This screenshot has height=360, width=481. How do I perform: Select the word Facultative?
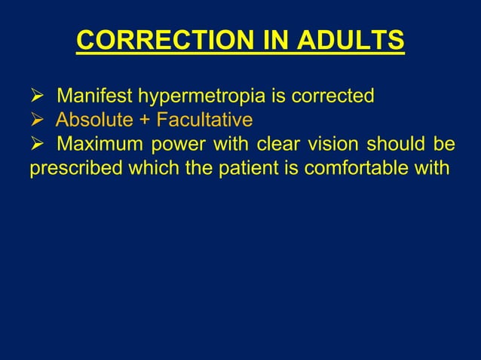coord(203,120)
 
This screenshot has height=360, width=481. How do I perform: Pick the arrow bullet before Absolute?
coord(35,121)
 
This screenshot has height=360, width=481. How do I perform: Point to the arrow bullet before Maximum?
coord(35,144)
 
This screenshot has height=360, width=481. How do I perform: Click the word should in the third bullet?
coord(404,143)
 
